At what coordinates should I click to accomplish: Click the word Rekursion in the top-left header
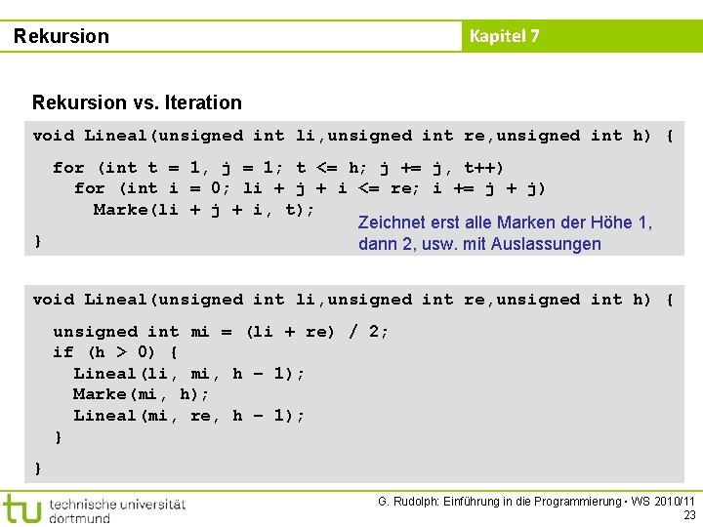(x=62, y=37)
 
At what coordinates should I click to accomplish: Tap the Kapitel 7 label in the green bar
(x=504, y=37)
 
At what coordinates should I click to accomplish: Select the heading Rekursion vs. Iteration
(x=137, y=102)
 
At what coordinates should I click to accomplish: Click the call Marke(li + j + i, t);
(x=203, y=210)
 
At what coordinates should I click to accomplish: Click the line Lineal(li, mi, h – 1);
(x=188, y=374)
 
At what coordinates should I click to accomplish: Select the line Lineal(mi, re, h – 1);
(x=188, y=416)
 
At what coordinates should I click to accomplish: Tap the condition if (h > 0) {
(x=114, y=352)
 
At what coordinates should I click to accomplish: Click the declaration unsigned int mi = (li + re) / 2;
(x=221, y=332)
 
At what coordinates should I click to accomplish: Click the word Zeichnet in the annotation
(x=391, y=223)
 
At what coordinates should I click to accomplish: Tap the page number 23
(x=689, y=515)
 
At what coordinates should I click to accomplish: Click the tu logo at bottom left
(x=21, y=508)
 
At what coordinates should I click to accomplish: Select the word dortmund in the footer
(x=80, y=518)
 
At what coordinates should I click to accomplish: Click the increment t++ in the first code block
(x=485, y=168)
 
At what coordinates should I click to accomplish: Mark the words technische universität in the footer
(x=116, y=504)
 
